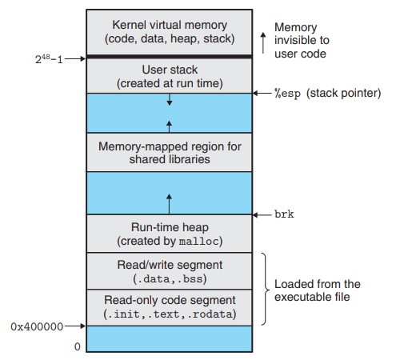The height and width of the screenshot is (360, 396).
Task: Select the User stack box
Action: click(x=169, y=76)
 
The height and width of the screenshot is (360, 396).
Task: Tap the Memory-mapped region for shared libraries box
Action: click(x=169, y=152)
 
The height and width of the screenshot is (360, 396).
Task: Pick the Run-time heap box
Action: click(x=169, y=233)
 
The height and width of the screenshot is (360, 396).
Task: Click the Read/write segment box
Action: click(x=169, y=271)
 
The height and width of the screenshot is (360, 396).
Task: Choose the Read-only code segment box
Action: click(x=169, y=307)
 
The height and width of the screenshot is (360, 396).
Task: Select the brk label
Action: click(x=283, y=214)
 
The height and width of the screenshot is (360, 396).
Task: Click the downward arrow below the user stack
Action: click(x=169, y=101)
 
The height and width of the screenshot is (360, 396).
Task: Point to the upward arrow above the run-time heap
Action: click(x=169, y=200)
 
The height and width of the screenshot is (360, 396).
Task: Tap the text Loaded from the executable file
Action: click(x=318, y=290)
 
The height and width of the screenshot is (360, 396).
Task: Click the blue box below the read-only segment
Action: click(x=169, y=339)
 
